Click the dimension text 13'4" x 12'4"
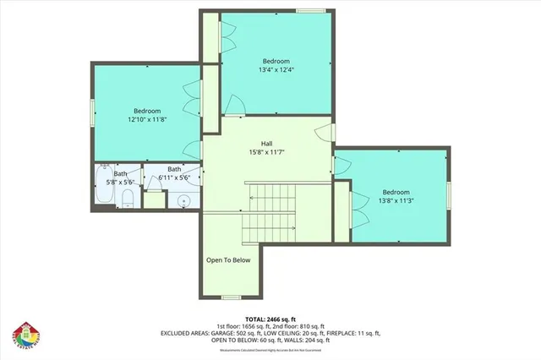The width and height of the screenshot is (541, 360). (276, 70)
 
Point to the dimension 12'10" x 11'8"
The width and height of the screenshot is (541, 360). (146, 120)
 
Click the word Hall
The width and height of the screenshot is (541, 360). (265, 143)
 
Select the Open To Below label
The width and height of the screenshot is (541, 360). (228, 259)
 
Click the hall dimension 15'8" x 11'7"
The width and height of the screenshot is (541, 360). (265, 153)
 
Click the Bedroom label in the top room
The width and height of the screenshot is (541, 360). (276, 61)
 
